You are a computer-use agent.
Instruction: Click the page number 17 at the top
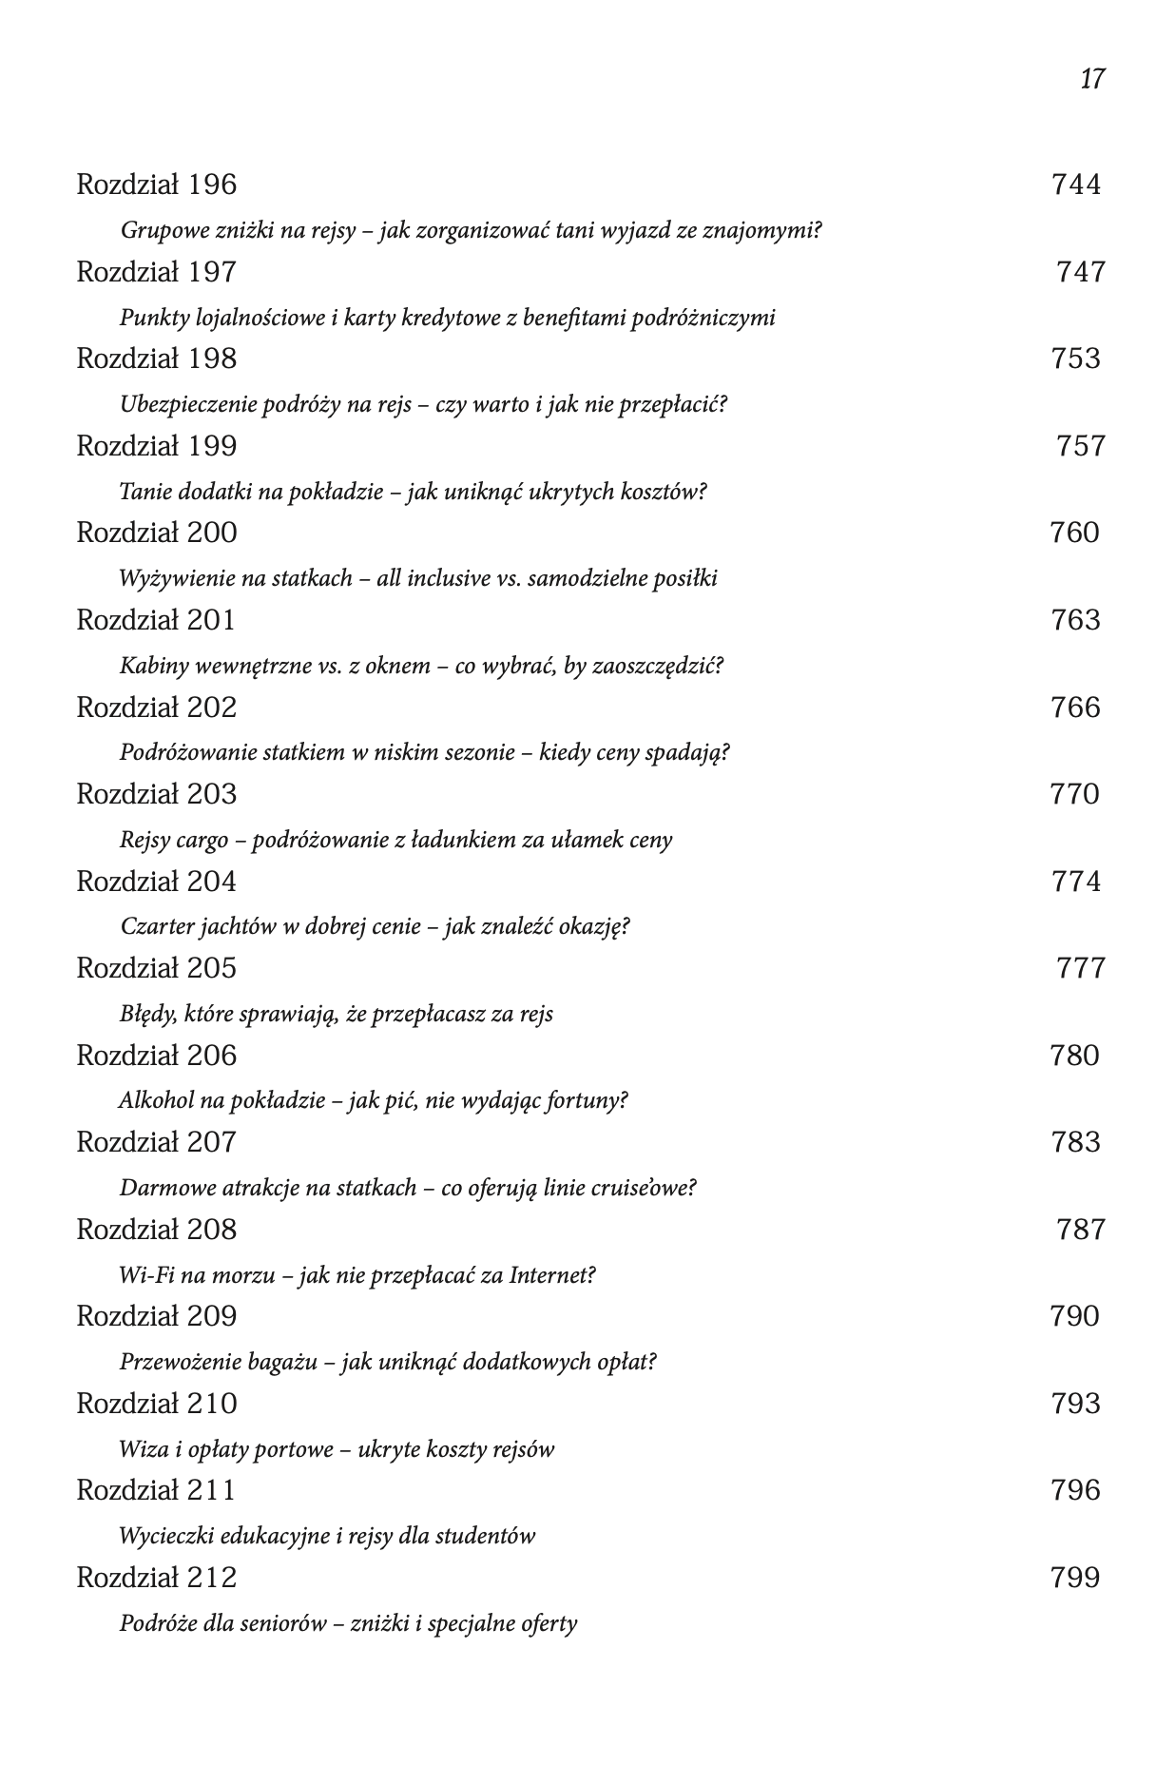1092,78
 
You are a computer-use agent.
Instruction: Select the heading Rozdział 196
156,184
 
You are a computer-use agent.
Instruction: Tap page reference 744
1075,184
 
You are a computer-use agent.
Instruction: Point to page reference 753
1075,359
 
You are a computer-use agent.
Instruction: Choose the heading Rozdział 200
156,533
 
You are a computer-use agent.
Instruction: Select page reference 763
1075,620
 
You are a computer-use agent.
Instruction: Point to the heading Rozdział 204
156,882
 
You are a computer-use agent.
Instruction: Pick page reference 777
1081,968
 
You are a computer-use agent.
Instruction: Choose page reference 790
1074,1316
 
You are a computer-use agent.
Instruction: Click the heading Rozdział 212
156,1578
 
